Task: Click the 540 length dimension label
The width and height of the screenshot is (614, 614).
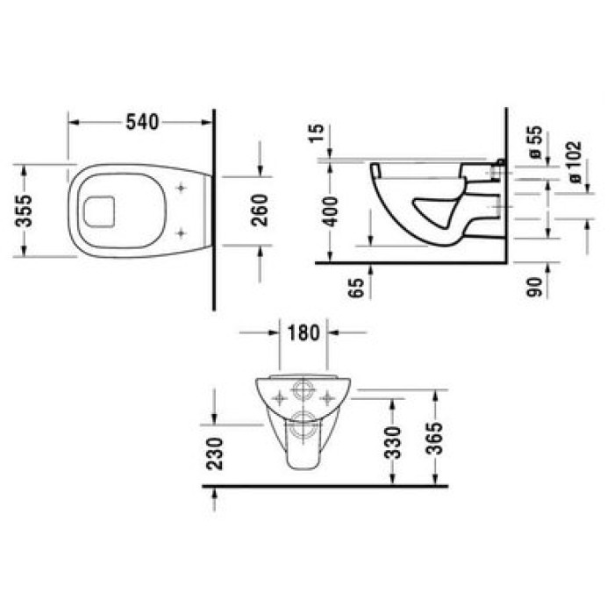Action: pos(141,123)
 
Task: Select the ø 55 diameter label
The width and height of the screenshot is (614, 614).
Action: pos(535,142)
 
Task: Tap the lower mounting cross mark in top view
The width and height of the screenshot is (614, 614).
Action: pos(181,232)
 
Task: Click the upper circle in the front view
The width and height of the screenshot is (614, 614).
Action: pos(303,391)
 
